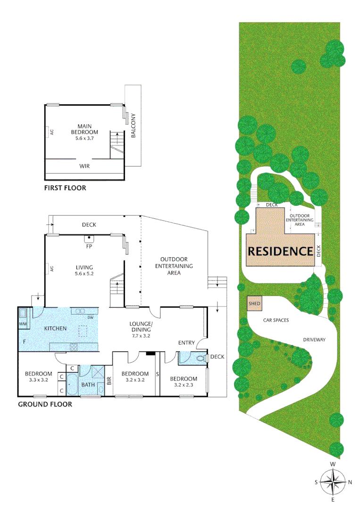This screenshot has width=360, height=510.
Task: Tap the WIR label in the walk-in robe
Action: pyautogui.click(x=85, y=166)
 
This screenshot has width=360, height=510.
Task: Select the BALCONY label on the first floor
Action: pyautogui.click(x=134, y=126)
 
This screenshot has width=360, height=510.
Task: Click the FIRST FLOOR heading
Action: pyautogui.click(x=65, y=188)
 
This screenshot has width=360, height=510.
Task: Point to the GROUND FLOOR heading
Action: pyautogui.click(x=45, y=404)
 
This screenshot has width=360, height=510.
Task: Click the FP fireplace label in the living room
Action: pyautogui.click(x=88, y=246)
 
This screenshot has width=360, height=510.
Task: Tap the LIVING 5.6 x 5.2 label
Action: pyautogui.click(x=84, y=270)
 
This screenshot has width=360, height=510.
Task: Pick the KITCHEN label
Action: pyautogui.click(x=56, y=328)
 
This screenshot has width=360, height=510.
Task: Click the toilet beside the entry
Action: pyautogui.click(x=201, y=358)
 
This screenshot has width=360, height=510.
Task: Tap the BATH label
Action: pyautogui.click(x=88, y=384)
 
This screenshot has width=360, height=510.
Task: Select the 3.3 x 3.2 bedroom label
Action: pyautogui.click(x=39, y=376)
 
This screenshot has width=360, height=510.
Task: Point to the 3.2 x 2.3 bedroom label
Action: pyautogui.click(x=184, y=382)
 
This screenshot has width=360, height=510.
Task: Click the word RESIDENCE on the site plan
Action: pyautogui.click(x=280, y=251)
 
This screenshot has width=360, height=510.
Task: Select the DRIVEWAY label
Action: pyautogui.click(x=314, y=340)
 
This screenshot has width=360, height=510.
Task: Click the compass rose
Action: pyautogui.click(x=333, y=482)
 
